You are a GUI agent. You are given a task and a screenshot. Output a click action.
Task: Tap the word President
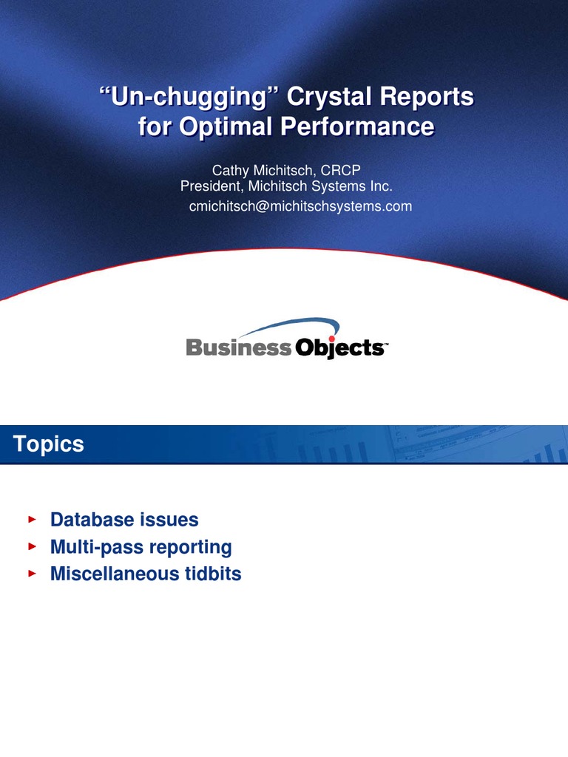pos(209,186)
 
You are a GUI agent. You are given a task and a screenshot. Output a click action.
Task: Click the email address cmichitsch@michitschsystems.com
pos(300,206)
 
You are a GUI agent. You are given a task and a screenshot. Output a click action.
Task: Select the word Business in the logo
pos(239,347)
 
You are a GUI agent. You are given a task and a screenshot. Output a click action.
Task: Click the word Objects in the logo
pos(338,348)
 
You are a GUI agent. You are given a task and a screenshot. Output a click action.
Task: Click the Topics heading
pos(48,444)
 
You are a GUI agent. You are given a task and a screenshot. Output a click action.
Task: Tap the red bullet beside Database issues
pos(31,520)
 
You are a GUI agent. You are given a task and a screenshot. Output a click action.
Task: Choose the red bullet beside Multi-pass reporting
pos(31,547)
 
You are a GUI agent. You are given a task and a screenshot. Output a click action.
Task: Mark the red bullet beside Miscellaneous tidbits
pos(31,574)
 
